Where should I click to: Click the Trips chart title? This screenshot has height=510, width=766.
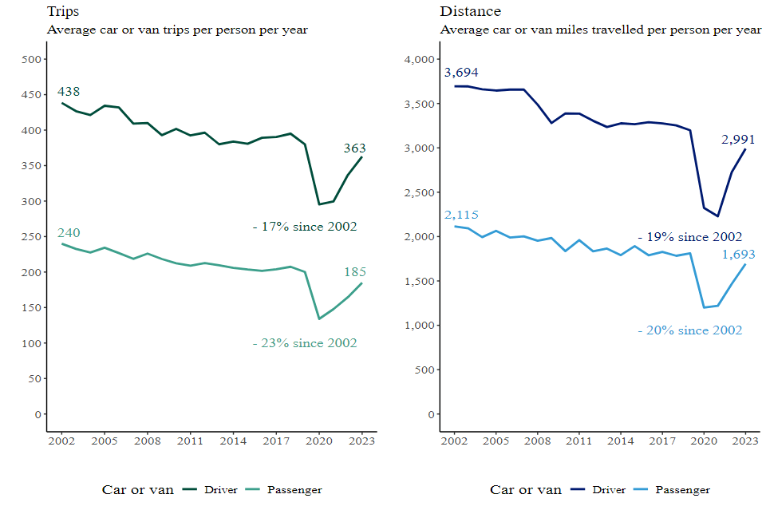click(63, 11)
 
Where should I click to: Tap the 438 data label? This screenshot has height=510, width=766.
click(69, 92)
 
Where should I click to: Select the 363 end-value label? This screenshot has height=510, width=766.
click(355, 148)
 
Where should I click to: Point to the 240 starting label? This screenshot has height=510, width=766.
click(69, 233)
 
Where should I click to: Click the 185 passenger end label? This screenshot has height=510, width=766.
click(355, 272)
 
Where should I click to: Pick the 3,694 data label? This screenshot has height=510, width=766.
click(461, 73)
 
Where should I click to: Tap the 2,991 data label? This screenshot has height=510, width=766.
click(738, 140)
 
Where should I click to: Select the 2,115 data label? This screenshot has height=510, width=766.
click(461, 215)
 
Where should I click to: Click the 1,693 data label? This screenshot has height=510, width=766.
click(738, 255)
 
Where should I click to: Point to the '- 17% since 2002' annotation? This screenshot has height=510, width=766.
click(305, 227)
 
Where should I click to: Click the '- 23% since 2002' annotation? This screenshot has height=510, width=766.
click(305, 343)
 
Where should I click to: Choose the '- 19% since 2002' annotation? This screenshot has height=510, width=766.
click(690, 237)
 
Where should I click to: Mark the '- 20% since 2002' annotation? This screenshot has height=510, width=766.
click(690, 330)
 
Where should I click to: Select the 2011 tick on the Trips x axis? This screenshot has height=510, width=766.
click(189, 441)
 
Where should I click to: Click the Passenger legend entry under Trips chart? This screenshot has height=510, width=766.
click(294, 490)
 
